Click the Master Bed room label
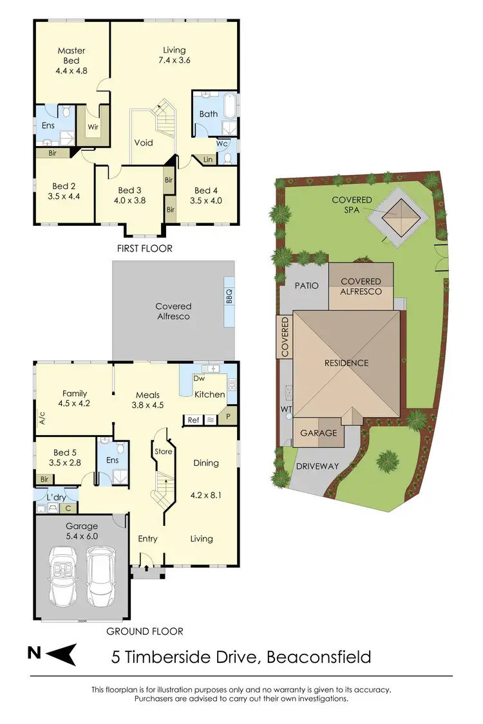click(71, 55)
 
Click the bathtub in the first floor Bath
click(230, 112)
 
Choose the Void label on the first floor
click(144, 142)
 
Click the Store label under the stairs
click(163, 451)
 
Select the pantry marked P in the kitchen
click(229, 416)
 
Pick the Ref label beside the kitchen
click(193, 420)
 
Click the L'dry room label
click(57, 497)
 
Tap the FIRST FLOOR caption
click(144, 248)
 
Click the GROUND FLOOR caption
click(145, 631)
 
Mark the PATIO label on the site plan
click(307, 285)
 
